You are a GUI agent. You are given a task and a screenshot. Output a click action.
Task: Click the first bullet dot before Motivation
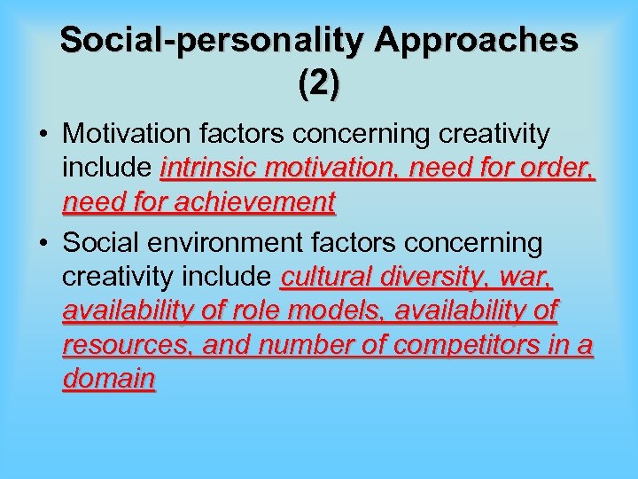coord(43,136)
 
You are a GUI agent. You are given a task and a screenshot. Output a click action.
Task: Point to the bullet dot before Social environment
coord(43,242)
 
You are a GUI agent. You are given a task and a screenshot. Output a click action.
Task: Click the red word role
coord(259,310)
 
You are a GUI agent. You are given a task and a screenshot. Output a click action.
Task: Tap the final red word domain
coord(109,379)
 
